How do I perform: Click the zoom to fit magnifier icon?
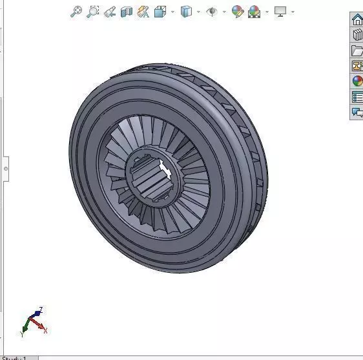click(x=76, y=12)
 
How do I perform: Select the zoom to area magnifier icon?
click(x=93, y=12)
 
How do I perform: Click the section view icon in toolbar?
click(x=127, y=12)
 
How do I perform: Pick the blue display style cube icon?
click(x=187, y=12)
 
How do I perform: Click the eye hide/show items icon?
click(x=212, y=12)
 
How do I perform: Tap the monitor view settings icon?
click(x=280, y=12)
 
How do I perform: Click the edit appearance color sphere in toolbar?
click(x=237, y=12)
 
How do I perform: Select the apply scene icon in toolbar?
click(x=254, y=12)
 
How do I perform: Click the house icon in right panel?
click(x=357, y=19)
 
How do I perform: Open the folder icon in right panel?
click(x=357, y=50)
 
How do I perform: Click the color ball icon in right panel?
click(x=357, y=81)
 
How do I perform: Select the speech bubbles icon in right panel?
click(x=357, y=112)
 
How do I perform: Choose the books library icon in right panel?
click(x=357, y=35)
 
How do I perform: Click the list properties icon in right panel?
click(x=357, y=97)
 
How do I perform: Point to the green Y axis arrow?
click(x=24, y=332)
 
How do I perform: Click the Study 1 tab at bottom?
click(x=14, y=357)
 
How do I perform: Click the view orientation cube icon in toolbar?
click(x=160, y=12)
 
